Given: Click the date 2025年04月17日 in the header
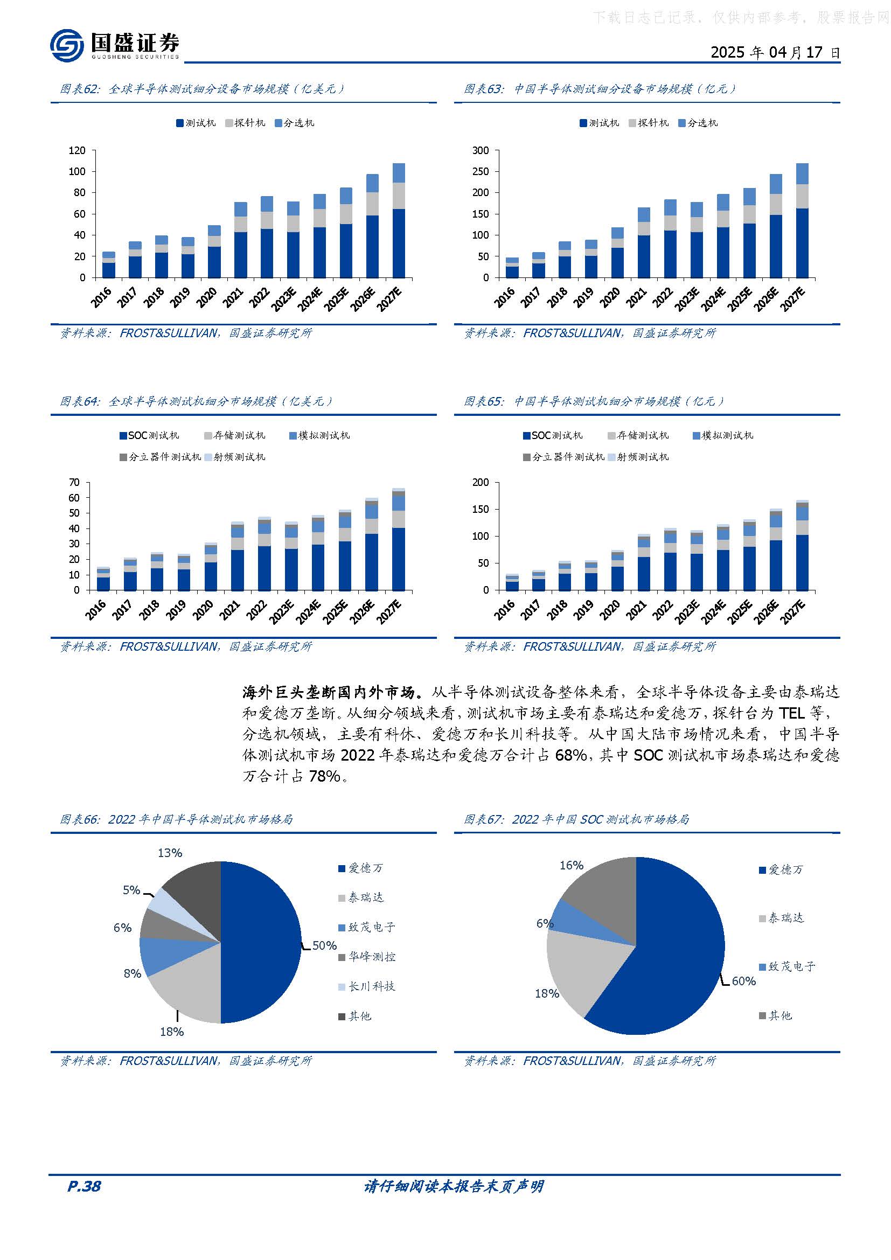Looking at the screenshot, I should pyautogui.click(x=775, y=53).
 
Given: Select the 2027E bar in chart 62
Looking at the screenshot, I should pyautogui.click(x=399, y=221).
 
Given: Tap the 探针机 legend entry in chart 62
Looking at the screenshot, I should pyautogui.click(x=245, y=123).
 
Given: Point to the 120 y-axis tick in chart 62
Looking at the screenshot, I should pyautogui.click(x=77, y=150).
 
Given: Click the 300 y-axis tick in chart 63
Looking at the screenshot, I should pyautogui.click(x=480, y=150).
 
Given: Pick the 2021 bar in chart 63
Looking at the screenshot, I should pyautogui.click(x=644, y=242).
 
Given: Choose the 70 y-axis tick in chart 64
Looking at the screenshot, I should pyautogui.click(x=74, y=482).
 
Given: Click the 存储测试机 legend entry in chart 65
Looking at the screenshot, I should pyautogui.click(x=638, y=436).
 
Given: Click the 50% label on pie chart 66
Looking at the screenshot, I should pyautogui.click(x=324, y=945).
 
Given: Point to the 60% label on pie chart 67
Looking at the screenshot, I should pyautogui.click(x=743, y=980).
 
